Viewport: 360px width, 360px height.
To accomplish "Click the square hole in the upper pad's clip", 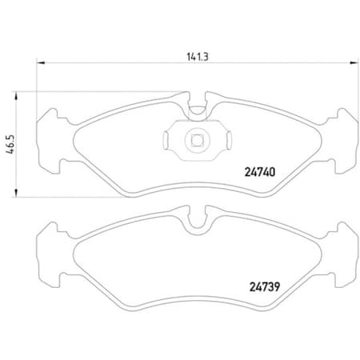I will (196, 142).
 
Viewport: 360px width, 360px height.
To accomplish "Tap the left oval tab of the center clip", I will (166, 142).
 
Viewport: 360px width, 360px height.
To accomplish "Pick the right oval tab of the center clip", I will (226, 142).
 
